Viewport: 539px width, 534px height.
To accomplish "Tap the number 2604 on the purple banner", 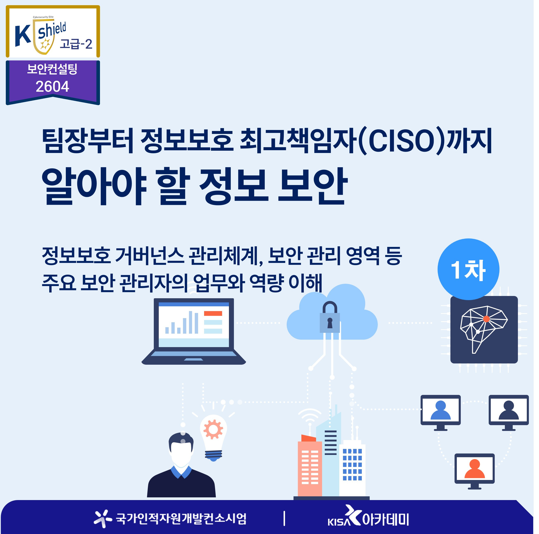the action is click(52, 87).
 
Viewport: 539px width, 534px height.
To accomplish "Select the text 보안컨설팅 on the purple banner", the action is click(52, 69).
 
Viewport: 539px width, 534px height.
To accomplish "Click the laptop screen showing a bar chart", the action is click(194, 324).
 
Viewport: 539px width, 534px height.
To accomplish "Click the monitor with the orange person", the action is click(475, 471).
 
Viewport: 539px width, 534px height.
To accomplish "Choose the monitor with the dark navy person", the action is click(509, 413).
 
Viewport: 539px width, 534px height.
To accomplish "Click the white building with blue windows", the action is click(352, 469).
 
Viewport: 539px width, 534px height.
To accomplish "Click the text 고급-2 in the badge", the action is click(76, 44).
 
